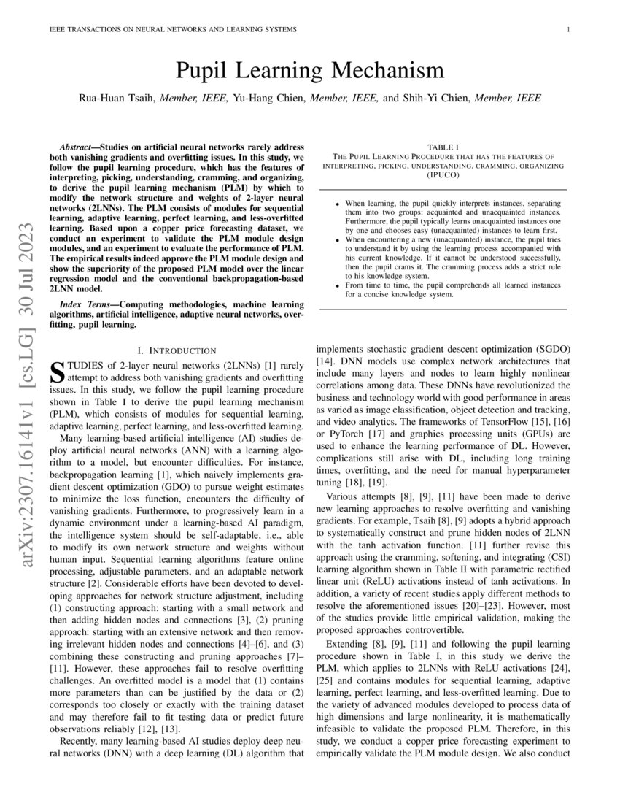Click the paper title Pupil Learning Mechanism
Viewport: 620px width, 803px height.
[309, 71]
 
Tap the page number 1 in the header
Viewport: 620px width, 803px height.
[567, 29]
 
